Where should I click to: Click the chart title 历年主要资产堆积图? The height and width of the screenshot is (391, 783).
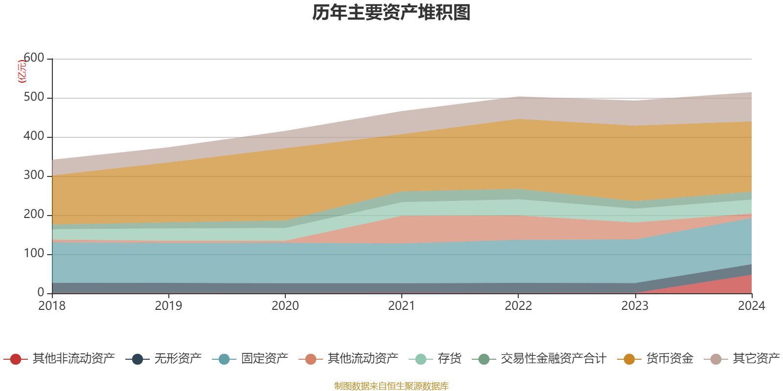pos(391,13)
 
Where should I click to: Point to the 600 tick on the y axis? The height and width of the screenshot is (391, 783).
pos(34,58)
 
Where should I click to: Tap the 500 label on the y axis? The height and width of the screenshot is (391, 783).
pos(34,97)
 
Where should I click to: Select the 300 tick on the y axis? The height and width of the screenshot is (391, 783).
pos(34,175)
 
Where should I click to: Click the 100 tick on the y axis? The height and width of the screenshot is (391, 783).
pos(34,254)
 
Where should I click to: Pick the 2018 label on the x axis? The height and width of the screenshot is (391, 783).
pos(52,306)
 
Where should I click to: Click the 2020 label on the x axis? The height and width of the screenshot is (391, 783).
pos(285,306)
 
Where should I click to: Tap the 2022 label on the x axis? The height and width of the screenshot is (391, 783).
pos(518,306)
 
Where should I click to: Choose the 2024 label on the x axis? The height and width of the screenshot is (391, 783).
pos(751,306)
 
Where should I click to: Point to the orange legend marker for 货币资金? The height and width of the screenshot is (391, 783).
pos(629,359)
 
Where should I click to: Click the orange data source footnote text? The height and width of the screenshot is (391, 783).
pos(391,386)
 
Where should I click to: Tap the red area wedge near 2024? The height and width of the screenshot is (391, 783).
pos(734,286)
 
